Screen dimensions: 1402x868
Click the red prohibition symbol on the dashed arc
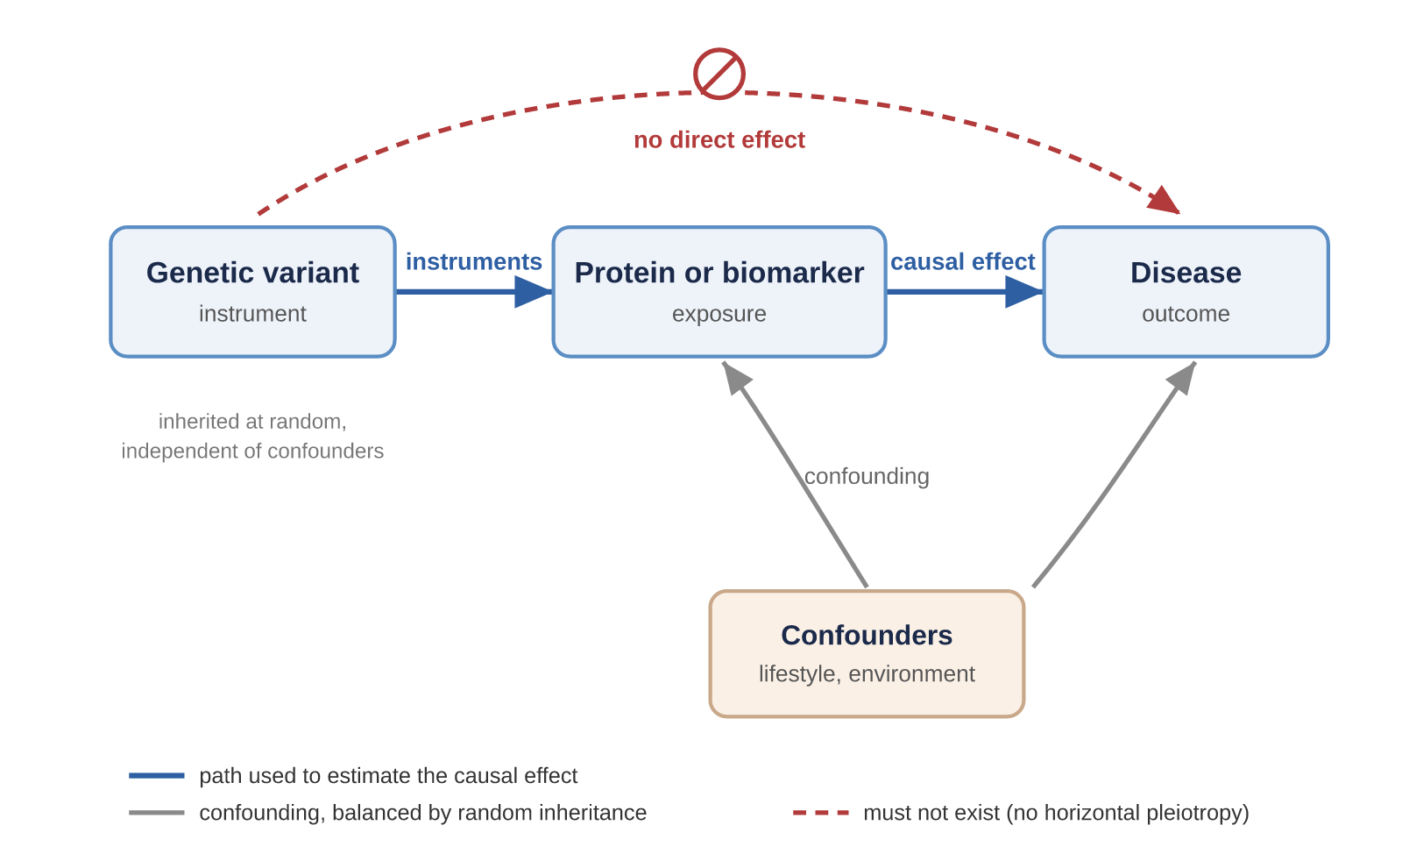click(x=719, y=74)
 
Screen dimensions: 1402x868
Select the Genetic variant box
click(x=253, y=292)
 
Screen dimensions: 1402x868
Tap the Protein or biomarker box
click(x=719, y=292)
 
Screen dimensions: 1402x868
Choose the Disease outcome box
click(x=1186, y=292)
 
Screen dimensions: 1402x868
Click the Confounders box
click(x=867, y=654)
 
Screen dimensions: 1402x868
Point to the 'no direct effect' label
click(x=719, y=139)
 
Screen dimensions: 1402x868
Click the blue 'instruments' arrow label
click(x=474, y=261)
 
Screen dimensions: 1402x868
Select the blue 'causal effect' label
click(x=963, y=261)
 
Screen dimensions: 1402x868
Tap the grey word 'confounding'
click(x=867, y=477)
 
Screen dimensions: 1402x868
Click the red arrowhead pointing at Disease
click(x=1165, y=201)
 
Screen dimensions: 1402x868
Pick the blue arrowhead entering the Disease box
click(x=1024, y=292)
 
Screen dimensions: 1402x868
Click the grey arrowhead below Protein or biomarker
click(x=736, y=377)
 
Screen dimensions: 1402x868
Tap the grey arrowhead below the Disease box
click(x=1182, y=377)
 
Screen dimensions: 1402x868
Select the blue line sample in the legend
click(x=157, y=775)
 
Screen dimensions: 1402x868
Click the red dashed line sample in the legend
click(x=820, y=813)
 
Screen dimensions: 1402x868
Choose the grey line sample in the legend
click(x=157, y=813)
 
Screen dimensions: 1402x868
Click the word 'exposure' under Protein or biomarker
click(x=719, y=314)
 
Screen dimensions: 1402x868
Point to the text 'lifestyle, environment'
click(x=867, y=674)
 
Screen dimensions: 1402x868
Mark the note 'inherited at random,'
click(x=252, y=422)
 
